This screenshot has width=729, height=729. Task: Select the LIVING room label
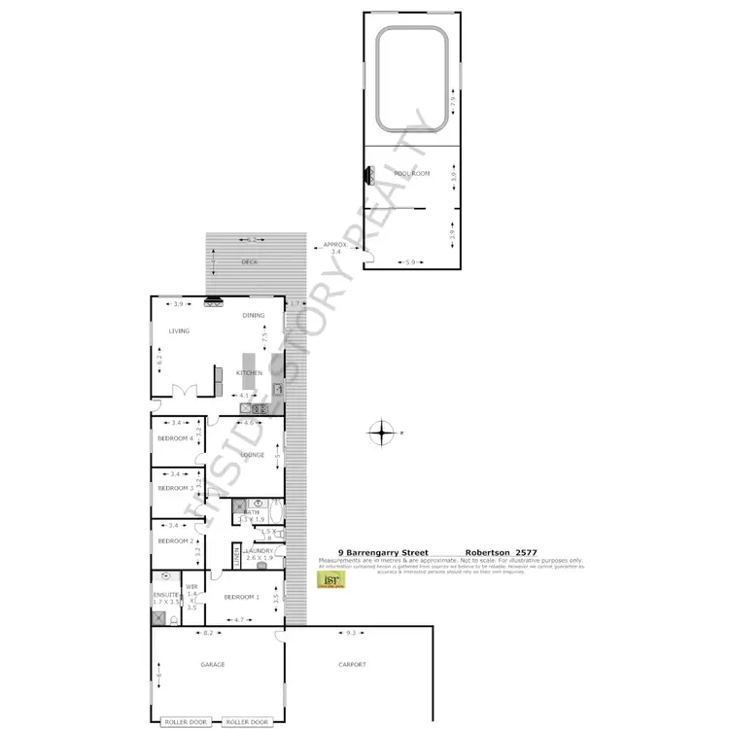pyautogui.click(x=179, y=330)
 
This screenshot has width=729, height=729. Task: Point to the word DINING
pyautogui.click(x=254, y=315)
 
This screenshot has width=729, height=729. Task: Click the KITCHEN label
pyautogui.click(x=250, y=373)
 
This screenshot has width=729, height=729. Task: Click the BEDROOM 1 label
pyautogui.click(x=241, y=597)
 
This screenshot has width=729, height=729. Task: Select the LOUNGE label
pyautogui.click(x=253, y=454)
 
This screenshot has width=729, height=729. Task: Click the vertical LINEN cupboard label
pyautogui.click(x=236, y=556)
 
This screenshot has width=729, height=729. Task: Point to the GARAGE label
pyautogui.click(x=213, y=665)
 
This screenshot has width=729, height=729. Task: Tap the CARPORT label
pyautogui.click(x=352, y=665)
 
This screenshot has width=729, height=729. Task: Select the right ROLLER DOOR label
pyautogui.click(x=247, y=722)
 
